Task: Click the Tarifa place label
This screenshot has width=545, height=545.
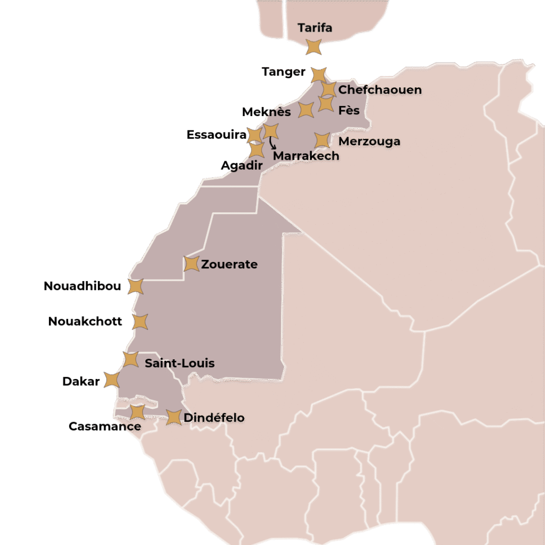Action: point(315,28)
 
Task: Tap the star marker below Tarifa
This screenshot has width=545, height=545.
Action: point(314,47)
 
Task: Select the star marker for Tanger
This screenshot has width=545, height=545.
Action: point(318,75)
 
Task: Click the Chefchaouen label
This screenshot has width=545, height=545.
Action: point(379,89)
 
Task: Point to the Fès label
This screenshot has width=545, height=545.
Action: point(349,111)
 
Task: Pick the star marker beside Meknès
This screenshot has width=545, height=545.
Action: point(305,110)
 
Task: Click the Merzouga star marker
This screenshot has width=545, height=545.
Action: point(321,140)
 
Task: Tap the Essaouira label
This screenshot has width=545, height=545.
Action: point(216,135)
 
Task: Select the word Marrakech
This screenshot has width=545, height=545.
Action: point(306,156)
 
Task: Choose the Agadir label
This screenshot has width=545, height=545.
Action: point(242,166)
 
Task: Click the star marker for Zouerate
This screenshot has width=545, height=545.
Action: point(191,263)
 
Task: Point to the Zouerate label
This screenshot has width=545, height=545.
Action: point(229,264)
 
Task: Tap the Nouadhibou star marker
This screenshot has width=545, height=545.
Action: point(136,286)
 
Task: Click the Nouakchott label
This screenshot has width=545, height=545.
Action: point(85,321)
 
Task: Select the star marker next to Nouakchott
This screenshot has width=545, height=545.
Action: point(140,321)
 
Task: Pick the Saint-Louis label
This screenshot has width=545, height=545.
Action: point(180,363)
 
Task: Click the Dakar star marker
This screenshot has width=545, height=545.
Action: point(112,380)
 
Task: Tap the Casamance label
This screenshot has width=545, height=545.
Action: point(105,426)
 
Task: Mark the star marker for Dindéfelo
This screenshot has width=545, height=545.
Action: point(174,417)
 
